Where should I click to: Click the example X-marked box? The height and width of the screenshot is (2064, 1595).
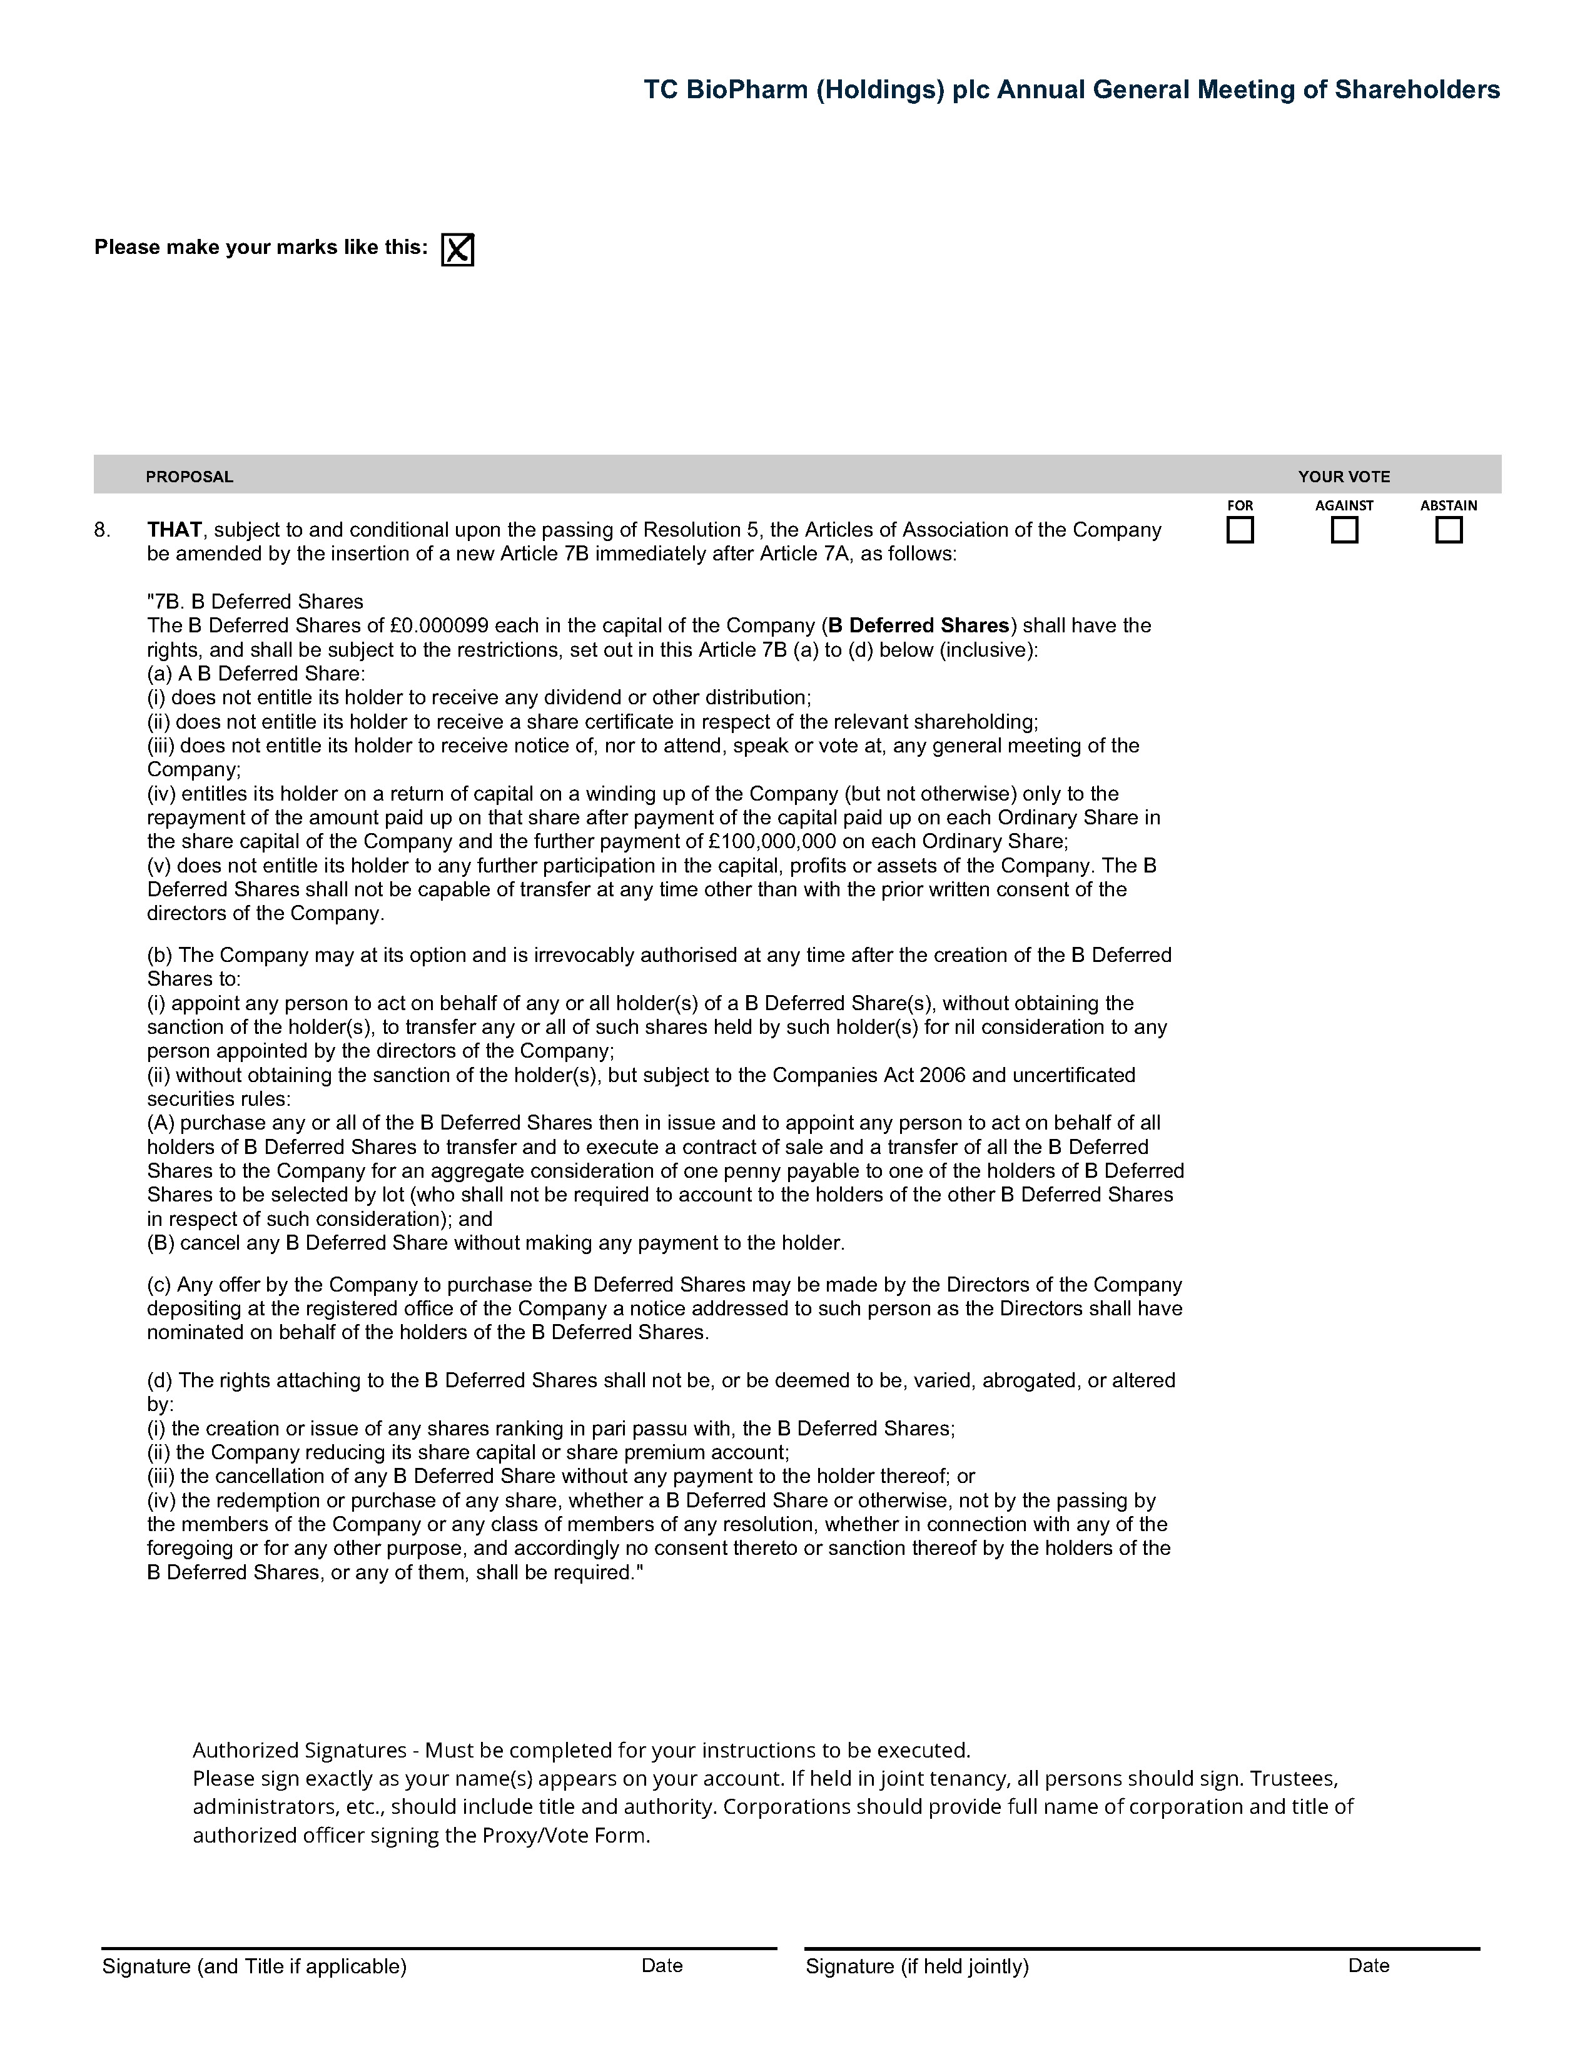[x=457, y=250]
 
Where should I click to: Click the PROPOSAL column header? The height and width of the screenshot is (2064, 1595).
[x=189, y=477]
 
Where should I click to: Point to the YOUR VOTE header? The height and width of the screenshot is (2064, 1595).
[x=1344, y=477]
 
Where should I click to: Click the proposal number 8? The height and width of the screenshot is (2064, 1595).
[x=101, y=530]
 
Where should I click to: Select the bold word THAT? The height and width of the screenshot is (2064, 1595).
[x=174, y=529]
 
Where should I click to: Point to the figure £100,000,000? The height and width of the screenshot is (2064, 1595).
[x=790, y=841]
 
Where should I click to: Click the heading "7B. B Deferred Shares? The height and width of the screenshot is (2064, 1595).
[x=255, y=602]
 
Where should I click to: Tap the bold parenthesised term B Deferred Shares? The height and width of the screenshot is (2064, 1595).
[x=918, y=625]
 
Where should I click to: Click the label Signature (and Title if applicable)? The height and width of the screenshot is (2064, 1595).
[x=254, y=1966]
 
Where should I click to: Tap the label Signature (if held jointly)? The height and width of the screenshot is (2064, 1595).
[x=916, y=1966]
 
